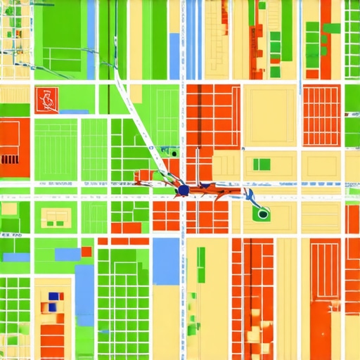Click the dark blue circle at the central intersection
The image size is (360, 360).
click(x=183, y=189)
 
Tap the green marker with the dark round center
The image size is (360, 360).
click(x=262, y=213)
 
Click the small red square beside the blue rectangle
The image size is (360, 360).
click(x=86, y=252)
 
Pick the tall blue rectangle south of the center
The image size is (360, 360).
click(x=166, y=262)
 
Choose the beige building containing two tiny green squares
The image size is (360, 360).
click(x=262, y=165)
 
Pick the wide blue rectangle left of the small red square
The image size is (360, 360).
click(x=67, y=254)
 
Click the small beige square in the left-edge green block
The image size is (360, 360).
click(x=8, y=209)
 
